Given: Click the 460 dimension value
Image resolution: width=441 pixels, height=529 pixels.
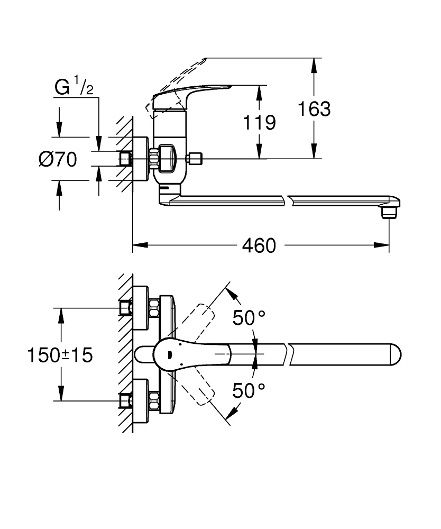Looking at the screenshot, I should pyautogui.click(x=259, y=245).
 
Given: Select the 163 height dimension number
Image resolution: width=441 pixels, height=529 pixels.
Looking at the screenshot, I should pyautogui.click(x=314, y=108).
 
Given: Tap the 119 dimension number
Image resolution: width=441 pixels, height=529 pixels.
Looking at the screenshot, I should pyautogui.click(x=259, y=122).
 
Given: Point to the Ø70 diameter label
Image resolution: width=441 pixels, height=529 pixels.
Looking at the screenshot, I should pyautogui.click(x=58, y=159).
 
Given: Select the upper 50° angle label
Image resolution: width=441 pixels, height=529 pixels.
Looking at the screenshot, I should pyautogui.click(x=249, y=317).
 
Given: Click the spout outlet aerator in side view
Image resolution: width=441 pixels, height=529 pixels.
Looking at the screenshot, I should pyautogui.click(x=389, y=211).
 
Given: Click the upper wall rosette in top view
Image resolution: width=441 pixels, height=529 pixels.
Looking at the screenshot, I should pyautogui.click(x=140, y=307).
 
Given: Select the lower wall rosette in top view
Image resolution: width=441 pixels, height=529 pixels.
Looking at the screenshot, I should pyautogui.click(x=140, y=400).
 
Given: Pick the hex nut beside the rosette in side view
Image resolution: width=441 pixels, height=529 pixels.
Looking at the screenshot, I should pyautogui.click(x=155, y=159).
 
